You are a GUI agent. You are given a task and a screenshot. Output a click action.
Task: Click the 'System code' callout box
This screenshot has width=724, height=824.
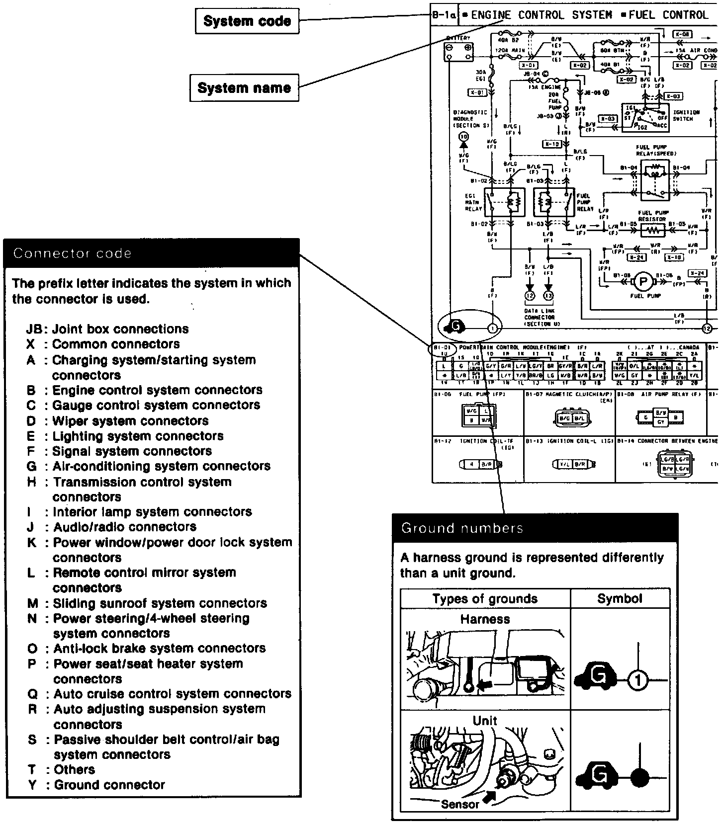click(247, 21)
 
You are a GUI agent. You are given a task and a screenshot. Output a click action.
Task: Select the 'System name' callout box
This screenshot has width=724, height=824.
click(244, 88)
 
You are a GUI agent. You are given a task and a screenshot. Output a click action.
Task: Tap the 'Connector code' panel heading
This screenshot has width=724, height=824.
click(73, 253)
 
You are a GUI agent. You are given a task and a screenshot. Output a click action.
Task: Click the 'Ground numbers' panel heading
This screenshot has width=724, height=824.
click(462, 528)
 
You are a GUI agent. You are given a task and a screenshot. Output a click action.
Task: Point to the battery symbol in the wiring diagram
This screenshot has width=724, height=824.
click(458, 51)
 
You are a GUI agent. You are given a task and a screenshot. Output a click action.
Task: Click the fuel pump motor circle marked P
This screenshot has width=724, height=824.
click(643, 282)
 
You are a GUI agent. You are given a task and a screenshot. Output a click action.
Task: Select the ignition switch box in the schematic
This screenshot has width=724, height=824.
click(645, 118)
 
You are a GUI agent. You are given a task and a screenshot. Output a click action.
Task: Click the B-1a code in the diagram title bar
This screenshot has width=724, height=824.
click(444, 15)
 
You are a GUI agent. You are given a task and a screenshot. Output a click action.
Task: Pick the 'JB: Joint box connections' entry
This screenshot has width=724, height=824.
click(107, 329)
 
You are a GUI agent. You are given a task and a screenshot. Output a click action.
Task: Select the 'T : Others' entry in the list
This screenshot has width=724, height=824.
click(61, 769)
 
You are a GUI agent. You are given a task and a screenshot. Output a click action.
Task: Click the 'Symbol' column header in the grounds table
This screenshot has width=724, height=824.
click(620, 598)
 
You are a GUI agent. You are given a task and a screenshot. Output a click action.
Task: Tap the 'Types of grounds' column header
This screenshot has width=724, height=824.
click(485, 598)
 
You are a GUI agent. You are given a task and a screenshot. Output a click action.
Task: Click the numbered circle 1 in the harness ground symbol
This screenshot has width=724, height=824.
click(638, 680)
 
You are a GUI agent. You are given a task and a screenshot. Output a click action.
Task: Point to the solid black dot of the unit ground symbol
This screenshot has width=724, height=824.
click(638, 776)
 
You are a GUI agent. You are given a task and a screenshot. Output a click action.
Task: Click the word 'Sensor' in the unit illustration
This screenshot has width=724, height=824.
click(460, 804)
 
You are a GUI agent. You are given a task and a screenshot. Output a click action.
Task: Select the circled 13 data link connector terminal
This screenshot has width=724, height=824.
click(548, 296)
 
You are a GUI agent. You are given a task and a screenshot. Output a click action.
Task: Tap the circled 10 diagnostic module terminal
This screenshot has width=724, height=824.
click(463, 137)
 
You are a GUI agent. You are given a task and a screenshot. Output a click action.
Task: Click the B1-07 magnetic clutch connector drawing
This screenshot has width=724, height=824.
click(569, 418)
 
